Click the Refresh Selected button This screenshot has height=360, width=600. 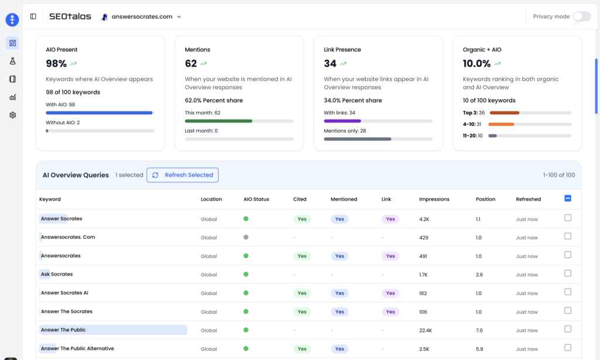[x=182, y=175]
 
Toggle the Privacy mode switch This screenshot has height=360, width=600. [x=581, y=16]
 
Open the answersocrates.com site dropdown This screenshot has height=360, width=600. [x=141, y=17]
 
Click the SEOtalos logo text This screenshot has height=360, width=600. [x=70, y=16]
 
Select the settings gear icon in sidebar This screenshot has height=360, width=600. [x=12, y=115]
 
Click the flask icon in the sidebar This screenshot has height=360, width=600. [x=12, y=61]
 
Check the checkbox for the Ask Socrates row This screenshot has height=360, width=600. [x=567, y=273]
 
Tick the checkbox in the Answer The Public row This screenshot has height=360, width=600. [x=567, y=329]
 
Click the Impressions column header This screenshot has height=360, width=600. [x=434, y=199]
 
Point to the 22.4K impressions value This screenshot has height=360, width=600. [x=426, y=331]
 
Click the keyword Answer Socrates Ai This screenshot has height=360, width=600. [x=64, y=293]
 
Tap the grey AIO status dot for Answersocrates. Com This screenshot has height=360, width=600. [x=246, y=237]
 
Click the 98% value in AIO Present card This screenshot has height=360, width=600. [x=56, y=63]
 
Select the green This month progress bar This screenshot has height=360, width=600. [x=219, y=121]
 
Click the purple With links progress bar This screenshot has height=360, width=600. [x=342, y=121]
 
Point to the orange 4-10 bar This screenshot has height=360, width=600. [x=501, y=124]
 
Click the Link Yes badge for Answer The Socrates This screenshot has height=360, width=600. [x=390, y=312]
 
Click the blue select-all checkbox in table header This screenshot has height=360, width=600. [x=568, y=199]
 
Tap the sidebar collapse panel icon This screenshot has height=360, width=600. [x=33, y=16]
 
